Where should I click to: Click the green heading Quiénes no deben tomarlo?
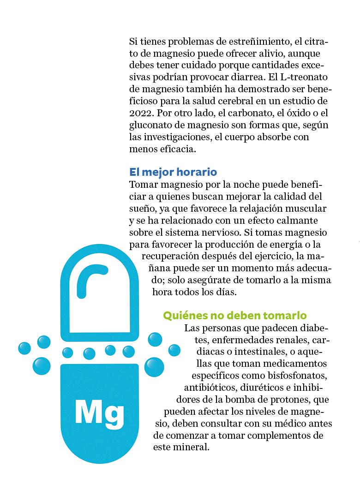pyautogui.click(x=235, y=316)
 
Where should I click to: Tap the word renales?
pyautogui.click(x=286, y=341)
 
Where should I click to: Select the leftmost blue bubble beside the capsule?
pyautogui.click(x=24, y=348)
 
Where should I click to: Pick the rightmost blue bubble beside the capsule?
pyautogui.click(x=174, y=350)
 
